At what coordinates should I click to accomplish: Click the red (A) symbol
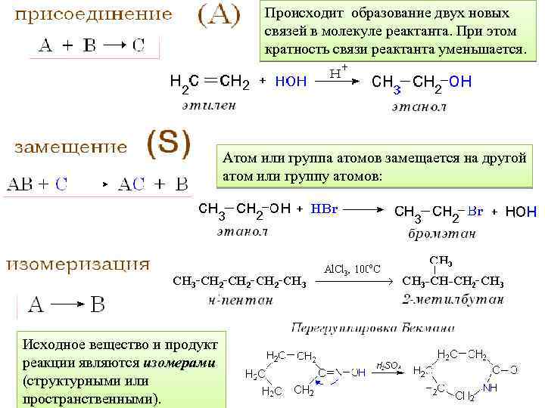point(219,15)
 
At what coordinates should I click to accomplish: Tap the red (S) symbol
point(168,143)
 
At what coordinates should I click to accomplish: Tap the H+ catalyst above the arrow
point(339,72)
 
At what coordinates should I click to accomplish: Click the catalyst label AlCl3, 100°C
point(352,268)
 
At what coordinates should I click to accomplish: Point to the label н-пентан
point(239,300)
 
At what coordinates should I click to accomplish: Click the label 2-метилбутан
point(453,300)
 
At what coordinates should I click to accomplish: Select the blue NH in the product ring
point(490,388)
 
